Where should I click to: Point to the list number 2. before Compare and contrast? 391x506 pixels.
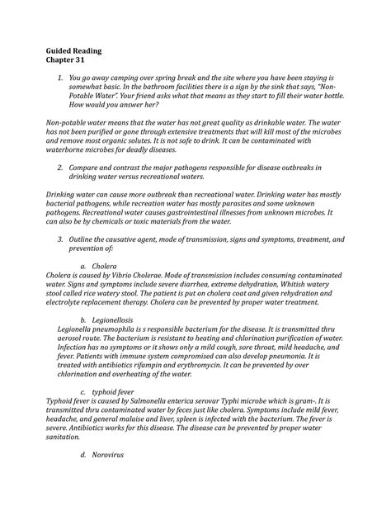[x=60, y=167]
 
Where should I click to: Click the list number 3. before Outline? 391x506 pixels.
[x=60, y=238]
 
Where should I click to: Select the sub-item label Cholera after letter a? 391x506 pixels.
[x=105, y=267]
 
